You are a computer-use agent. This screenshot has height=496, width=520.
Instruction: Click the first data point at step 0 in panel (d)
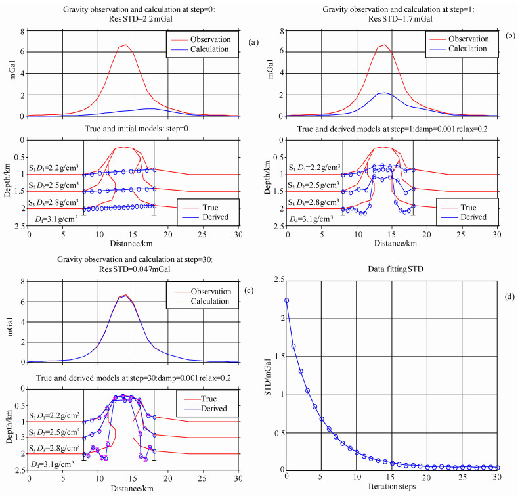point(286,300)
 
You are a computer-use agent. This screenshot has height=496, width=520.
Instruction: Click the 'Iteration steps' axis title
point(392,487)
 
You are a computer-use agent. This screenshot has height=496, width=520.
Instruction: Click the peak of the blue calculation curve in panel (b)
point(385,93)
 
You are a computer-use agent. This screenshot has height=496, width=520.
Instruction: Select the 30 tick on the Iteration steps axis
point(498,477)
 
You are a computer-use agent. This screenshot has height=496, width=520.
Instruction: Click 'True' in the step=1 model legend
point(467,205)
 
